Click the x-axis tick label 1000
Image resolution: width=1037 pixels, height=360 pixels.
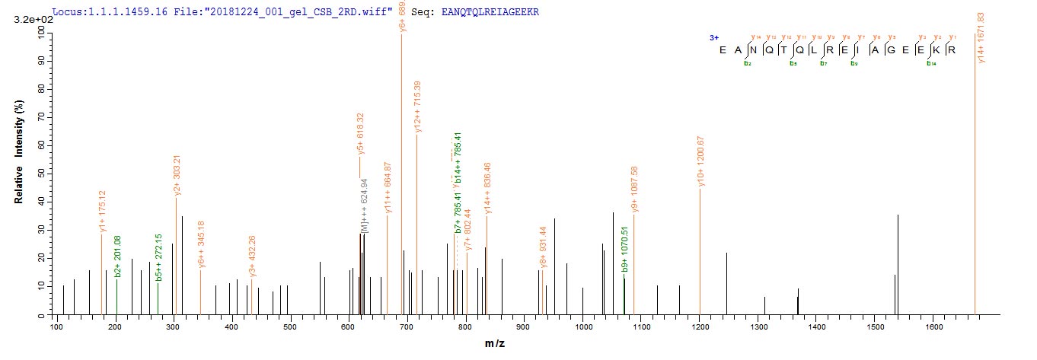tap(583, 327)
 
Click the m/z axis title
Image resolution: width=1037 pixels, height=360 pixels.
tap(495, 345)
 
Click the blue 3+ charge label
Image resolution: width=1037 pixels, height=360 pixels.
tap(713, 37)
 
